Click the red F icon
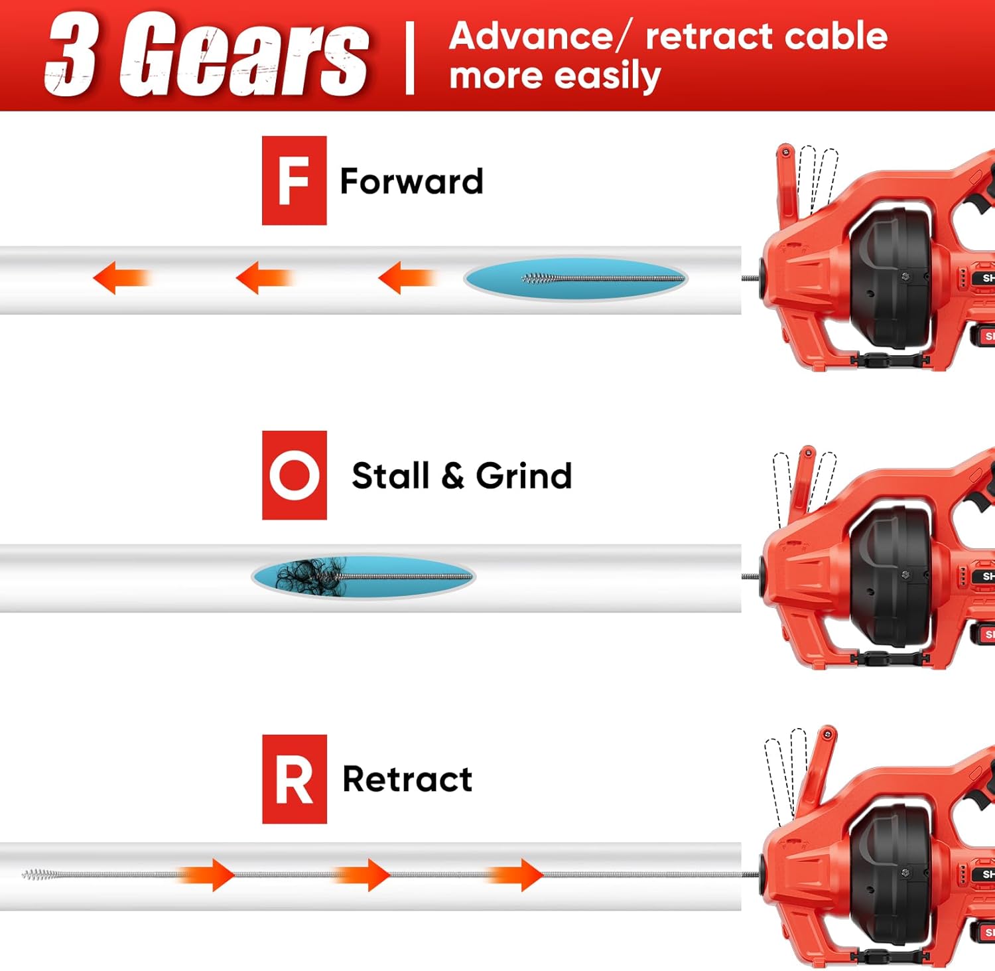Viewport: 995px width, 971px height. (294, 181)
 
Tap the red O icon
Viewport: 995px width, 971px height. (294, 475)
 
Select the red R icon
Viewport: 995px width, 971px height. (294, 779)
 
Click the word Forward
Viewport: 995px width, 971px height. (411, 181)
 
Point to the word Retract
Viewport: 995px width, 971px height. (407, 779)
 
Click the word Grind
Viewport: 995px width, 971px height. (523, 476)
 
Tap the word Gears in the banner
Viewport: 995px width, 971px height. (243, 54)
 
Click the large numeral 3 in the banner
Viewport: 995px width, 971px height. (71, 54)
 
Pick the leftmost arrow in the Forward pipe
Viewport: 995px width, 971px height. (119, 277)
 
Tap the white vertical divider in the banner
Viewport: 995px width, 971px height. (410, 58)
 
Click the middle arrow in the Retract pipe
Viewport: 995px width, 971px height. (363, 875)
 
